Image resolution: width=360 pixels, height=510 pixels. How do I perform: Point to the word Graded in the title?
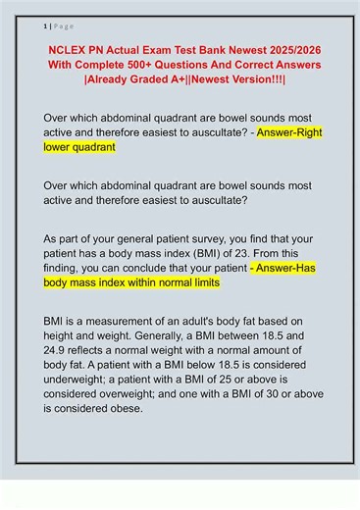(x=150, y=79)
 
